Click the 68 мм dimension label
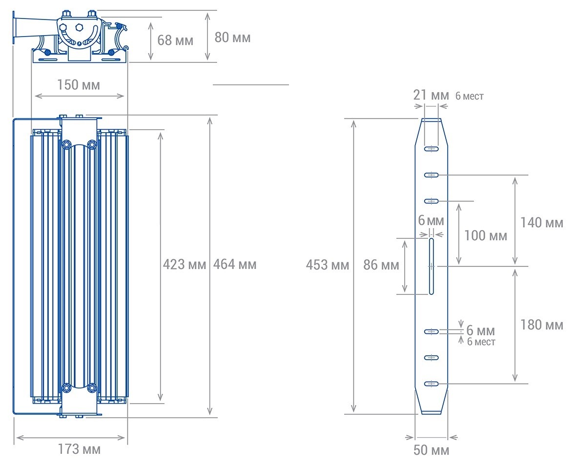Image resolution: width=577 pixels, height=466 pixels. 175,40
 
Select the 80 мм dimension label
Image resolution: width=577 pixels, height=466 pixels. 232,37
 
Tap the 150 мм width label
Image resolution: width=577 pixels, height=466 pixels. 79,85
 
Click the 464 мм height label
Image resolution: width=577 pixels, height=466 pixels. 235,264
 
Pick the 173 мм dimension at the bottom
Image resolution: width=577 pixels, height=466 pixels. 79,449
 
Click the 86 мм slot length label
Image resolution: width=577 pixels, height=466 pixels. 381,265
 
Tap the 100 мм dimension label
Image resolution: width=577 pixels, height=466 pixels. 485,236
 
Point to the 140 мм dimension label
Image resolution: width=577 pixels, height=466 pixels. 542,223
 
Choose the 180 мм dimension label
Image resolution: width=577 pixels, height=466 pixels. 542,325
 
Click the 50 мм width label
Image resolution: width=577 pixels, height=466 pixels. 432,450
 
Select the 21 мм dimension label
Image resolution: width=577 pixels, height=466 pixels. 431,95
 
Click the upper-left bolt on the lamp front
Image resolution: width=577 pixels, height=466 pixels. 66,144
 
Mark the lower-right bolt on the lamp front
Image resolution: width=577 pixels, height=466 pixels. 91,388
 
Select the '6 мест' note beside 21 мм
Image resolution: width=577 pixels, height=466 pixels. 470,97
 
